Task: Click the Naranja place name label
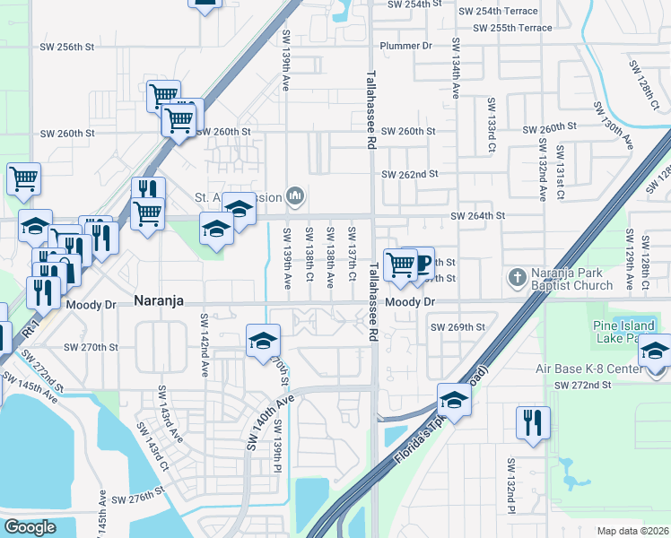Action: point(159,302)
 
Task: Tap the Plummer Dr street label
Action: point(405,45)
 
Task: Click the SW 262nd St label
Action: point(409,174)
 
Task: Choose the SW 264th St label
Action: point(477,216)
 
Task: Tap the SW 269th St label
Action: point(457,327)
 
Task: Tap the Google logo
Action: point(30,527)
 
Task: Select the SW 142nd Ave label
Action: point(205,345)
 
